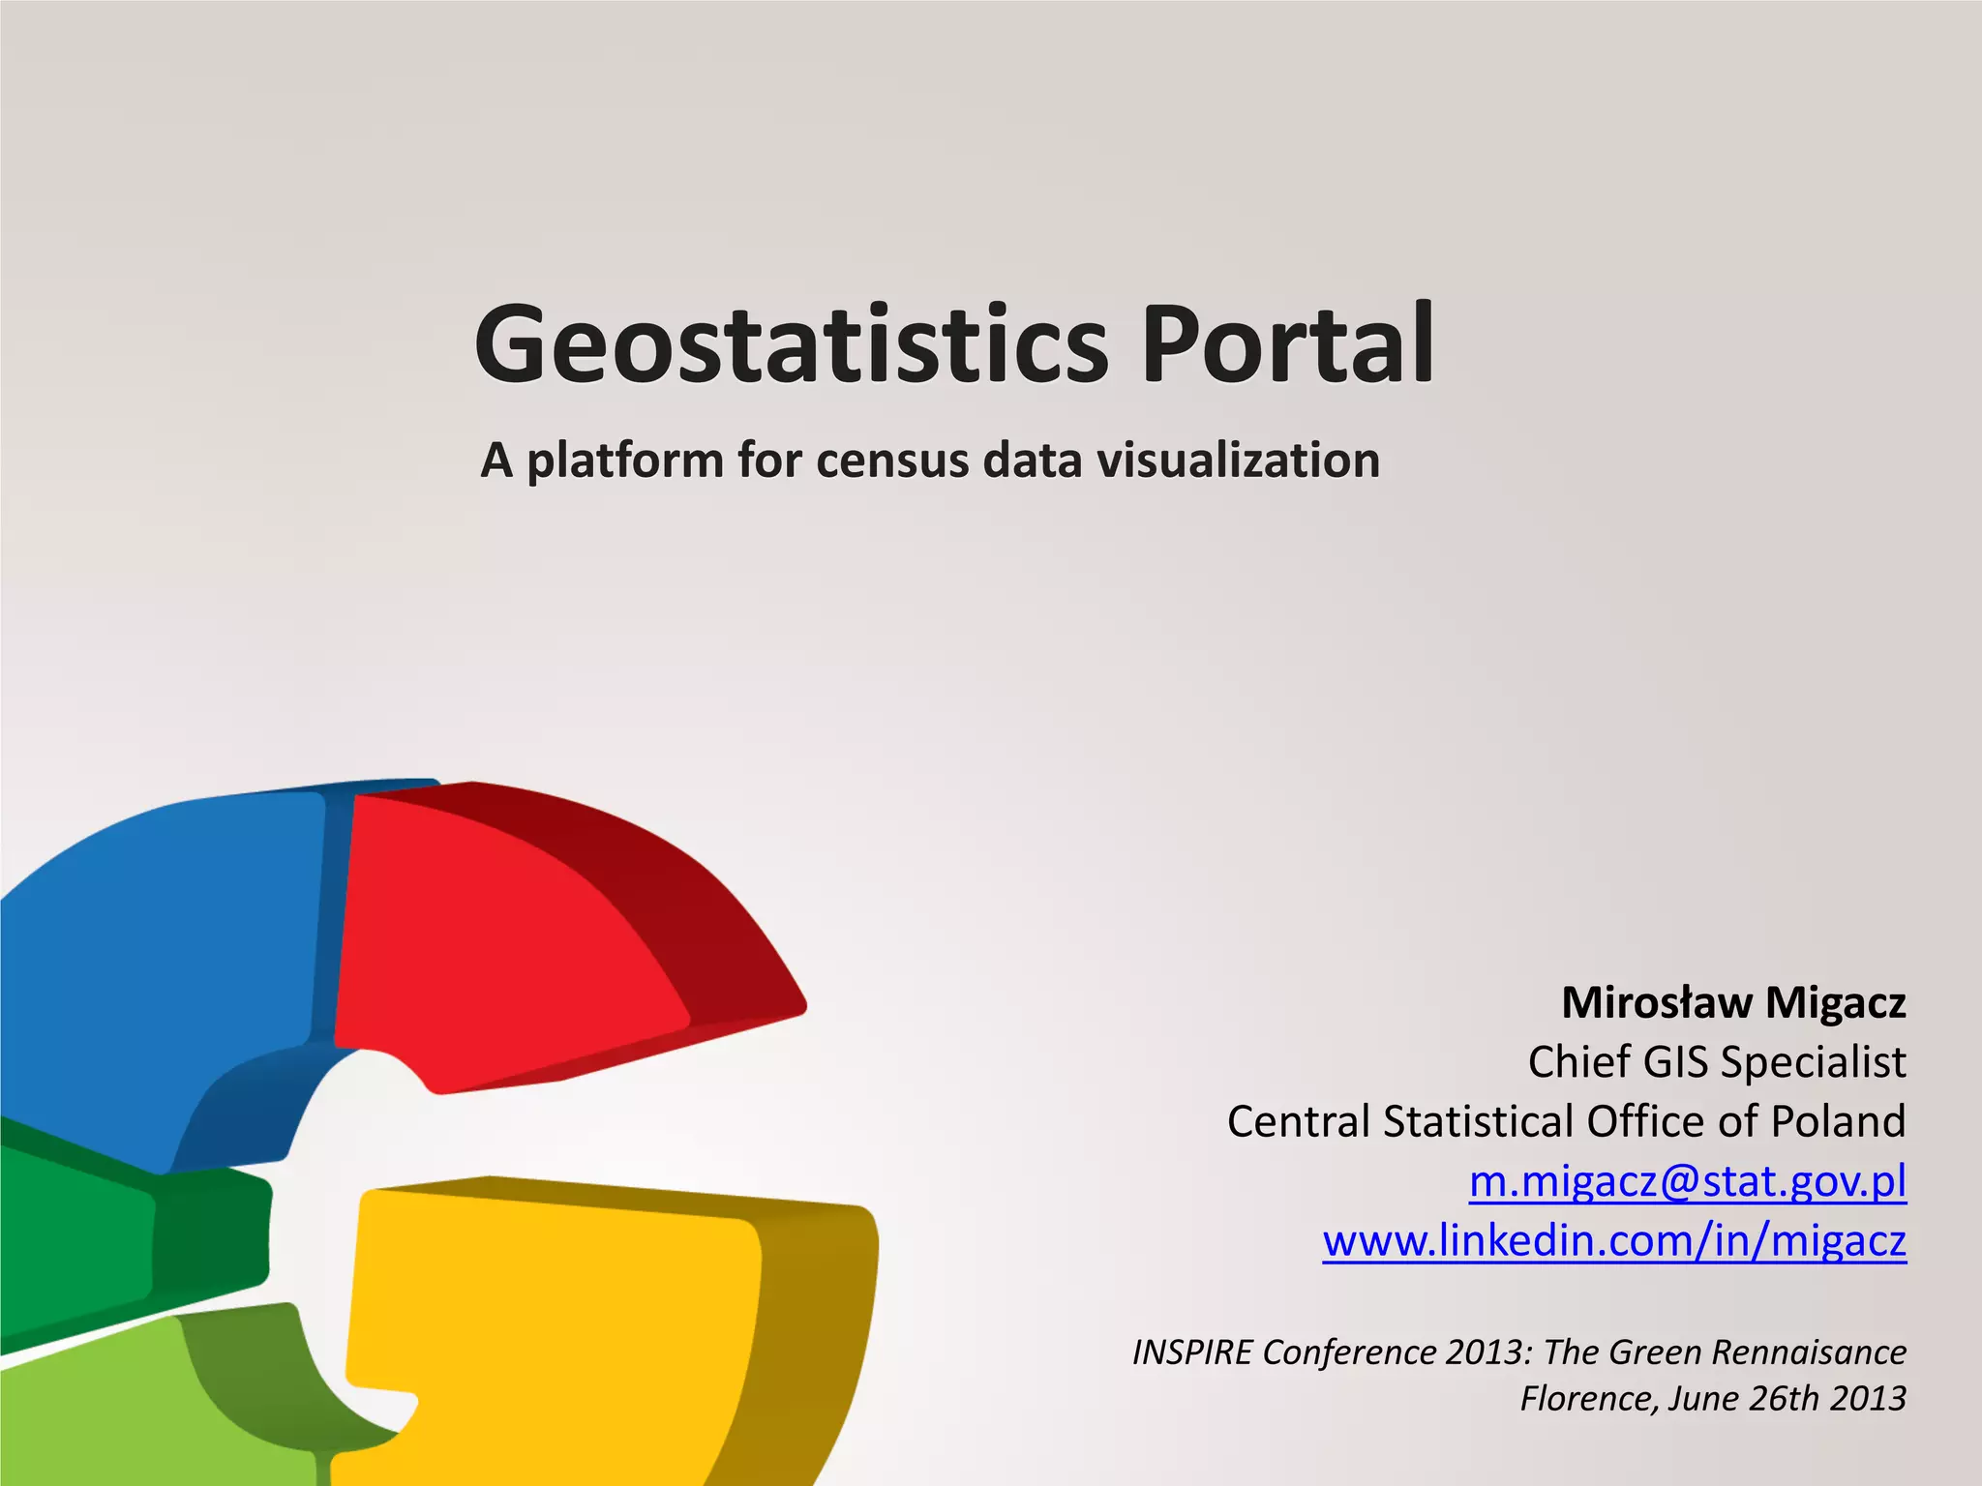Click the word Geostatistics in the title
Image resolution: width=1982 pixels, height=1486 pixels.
pyautogui.click(x=791, y=344)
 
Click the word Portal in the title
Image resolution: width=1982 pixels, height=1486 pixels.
pyautogui.click(x=1288, y=344)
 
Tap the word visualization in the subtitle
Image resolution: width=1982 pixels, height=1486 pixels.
pyautogui.click(x=1238, y=461)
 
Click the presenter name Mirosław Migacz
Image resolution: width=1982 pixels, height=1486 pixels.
pyautogui.click(x=1733, y=1003)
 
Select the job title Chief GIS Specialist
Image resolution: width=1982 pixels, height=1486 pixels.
pyautogui.click(x=1716, y=1062)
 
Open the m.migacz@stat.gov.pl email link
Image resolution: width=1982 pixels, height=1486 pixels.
pyautogui.click(x=1687, y=1181)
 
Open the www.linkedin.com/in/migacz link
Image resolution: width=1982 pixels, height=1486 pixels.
pyautogui.click(x=1614, y=1240)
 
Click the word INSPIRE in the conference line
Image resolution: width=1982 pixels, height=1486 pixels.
pyautogui.click(x=1192, y=1352)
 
